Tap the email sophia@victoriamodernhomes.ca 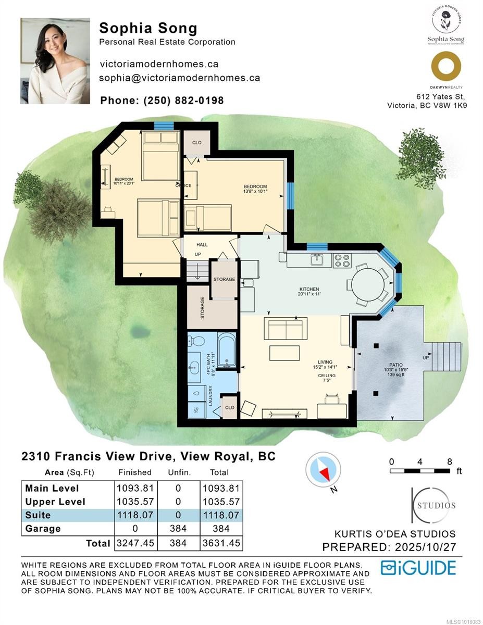180,78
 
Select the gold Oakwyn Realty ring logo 446,67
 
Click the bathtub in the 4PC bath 226,353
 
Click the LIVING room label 326,362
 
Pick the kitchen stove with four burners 342,260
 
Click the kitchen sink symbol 316,259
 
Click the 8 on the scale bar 449,461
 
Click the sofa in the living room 284,328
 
